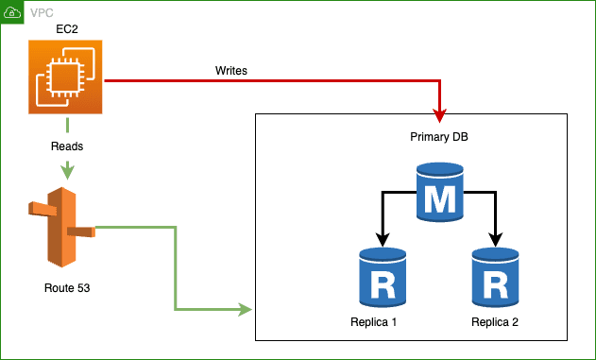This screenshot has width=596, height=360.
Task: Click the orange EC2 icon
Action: pyautogui.click(x=66, y=80)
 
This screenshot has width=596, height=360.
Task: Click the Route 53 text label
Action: pyautogui.click(x=66, y=286)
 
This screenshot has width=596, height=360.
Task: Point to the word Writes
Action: pyautogui.click(x=231, y=70)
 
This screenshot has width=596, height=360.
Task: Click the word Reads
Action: pyautogui.click(x=66, y=147)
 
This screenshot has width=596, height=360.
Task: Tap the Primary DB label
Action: pyautogui.click(x=439, y=137)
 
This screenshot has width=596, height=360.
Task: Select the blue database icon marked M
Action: pyautogui.click(x=440, y=193)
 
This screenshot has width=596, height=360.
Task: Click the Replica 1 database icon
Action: pyautogui.click(x=383, y=278)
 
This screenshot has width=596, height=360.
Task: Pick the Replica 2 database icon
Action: pyautogui.click(x=494, y=278)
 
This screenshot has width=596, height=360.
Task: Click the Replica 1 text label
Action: pyautogui.click(x=374, y=322)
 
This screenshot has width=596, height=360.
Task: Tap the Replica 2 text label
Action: pyautogui.click(x=495, y=322)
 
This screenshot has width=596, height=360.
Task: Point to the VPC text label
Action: pyautogui.click(x=43, y=13)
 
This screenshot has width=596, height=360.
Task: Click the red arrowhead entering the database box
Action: pyautogui.click(x=440, y=115)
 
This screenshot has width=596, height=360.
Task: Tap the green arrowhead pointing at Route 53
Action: pyautogui.click(x=66, y=173)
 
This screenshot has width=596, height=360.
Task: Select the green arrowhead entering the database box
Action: pyautogui.click(x=247, y=309)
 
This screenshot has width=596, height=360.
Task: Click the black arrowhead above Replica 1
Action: pyautogui.click(x=383, y=240)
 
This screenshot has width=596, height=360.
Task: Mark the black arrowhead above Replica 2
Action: pyautogui.click(x=494, y=240)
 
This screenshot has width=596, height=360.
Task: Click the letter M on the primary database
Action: pyautogui.click(x=440, y=198)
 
